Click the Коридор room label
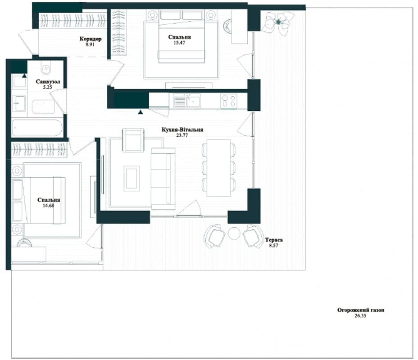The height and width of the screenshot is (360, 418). click(x=91, y=39)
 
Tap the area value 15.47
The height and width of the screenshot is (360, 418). click(x=179, y=43)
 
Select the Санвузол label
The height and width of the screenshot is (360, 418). click(x=48, y=82)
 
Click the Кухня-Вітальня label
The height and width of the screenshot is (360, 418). click(x=182, y=130)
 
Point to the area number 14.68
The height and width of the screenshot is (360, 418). click(x=48, y=206)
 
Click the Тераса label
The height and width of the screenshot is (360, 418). click(x=274, y=240)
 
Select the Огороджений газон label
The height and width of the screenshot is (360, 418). click(x=361, y=310)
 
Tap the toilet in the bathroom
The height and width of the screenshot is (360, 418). click(x=46, y=67)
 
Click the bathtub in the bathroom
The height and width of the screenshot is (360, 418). click(x=37, y=127)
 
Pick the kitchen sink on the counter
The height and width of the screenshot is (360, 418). click(x=187, y=100)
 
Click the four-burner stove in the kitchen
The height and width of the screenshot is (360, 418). click(x=229, y=101)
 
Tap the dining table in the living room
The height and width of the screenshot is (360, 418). click(x=218, y=168)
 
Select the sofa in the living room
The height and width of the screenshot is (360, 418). click(x=163, y=179)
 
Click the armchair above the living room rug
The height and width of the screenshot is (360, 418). click(x=133, y=140)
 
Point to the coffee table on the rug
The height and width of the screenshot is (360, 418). click(x=132, y=178)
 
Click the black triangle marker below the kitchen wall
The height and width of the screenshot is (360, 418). click(x=141, y=112)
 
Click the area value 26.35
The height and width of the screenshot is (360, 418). click(x=360, y=316)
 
